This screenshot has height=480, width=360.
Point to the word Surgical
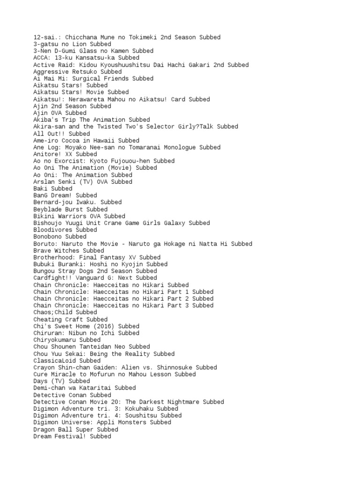point(84,78)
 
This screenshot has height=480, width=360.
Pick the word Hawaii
point(100,140)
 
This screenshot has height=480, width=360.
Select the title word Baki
point(40,188)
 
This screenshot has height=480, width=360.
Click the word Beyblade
point(47,209)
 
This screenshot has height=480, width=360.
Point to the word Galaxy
point(171,223)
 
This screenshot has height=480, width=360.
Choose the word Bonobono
point(47,237)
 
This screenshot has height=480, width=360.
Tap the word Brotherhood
point(52,257)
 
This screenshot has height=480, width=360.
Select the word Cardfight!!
point(52,278)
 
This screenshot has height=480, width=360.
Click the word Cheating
point(47,319)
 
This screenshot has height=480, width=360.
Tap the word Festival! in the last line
point(70,436)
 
